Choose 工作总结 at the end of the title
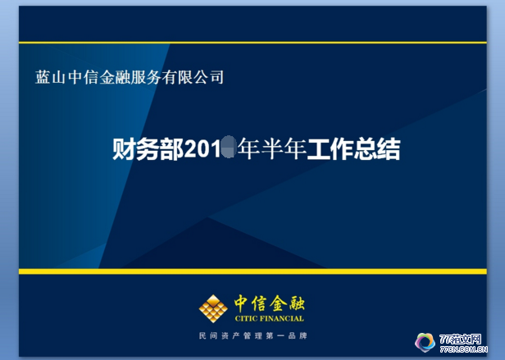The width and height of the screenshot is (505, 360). pyautogui.click(x=353, y=150)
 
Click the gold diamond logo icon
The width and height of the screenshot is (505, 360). pyautogui.click(x=214, y=308)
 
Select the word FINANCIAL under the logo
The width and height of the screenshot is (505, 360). pyautogui.click(x=283, y=319)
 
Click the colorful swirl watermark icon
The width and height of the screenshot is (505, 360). pyautogui.click(x=425, y=341)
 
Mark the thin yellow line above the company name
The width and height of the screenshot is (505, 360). pyautogui.click(x=252, y=42)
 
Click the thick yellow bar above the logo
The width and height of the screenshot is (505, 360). pyautogui.click(x=252, y=271)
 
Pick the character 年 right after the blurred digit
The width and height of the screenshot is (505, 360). pyautogui.click(x=248, y=150)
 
